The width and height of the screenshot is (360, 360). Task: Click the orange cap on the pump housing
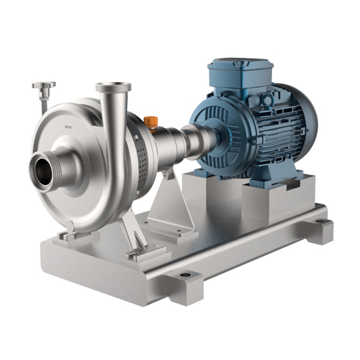151,121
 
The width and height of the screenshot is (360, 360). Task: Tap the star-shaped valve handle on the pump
44,86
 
